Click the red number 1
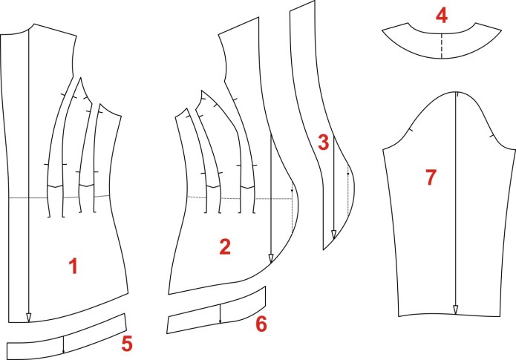click(73, 266)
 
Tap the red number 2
click(225, 246)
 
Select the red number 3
click(324, 143)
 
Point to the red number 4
click(441, 16)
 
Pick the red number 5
click(127, 344)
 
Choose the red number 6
click(261, 324)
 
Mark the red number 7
click(431, 177)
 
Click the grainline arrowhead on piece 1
click(29, 318)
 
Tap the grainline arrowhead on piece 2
click(271, 258)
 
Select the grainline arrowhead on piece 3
click(333, 235)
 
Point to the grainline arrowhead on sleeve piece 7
click(455, 310)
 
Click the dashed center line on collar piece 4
click(441, 46)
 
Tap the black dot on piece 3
click(348, 174)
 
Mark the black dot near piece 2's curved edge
click(292, 191)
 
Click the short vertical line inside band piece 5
click(64, 345)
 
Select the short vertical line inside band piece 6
click(221, 313)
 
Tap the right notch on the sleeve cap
click(491, 136)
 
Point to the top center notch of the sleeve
click(457, 94)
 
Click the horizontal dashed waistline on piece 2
click(241, 198)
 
